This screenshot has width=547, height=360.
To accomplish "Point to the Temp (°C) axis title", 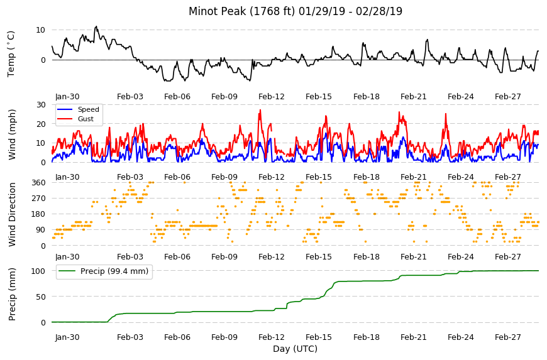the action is tap(11, 53).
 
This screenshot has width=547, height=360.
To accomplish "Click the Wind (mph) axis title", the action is tap(12, 134).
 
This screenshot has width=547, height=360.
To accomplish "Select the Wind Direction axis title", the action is tap(12, 214).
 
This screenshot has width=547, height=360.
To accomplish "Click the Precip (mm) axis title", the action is tap(12, 294).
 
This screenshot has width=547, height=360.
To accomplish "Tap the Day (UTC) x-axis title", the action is tap(295, 349).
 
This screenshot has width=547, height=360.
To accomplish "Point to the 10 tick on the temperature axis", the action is tap(40, 30).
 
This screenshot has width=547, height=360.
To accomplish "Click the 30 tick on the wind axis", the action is tap(41, 104).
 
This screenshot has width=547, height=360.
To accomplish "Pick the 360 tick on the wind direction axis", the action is tap(38, 183).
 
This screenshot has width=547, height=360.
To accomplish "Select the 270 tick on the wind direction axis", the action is tap(38, 199).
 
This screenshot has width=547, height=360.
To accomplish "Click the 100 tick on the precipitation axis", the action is tap(38, 271).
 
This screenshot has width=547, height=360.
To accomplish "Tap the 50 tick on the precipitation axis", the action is tap(41, 297).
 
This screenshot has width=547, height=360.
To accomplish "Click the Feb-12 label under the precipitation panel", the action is tap(272, 337).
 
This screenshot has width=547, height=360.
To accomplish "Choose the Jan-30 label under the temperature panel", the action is tap(67, 97).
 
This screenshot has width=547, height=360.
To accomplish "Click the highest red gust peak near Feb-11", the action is tap(260, 110).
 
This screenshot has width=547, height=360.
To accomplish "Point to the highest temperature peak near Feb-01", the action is tap(96, 26).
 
